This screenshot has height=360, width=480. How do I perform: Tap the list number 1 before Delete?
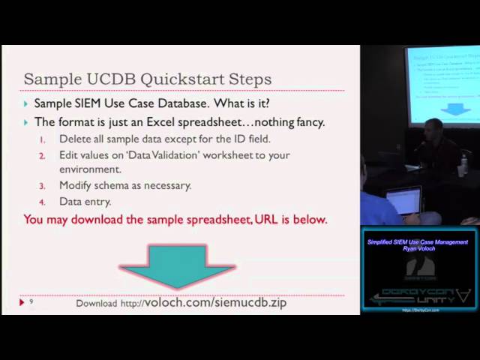point(43,139)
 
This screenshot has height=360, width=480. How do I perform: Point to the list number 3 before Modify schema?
point(43,185)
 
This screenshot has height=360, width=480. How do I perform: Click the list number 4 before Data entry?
point(43,202)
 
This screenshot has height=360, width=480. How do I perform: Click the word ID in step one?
point(222,139)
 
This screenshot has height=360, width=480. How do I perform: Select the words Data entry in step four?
point(85,202)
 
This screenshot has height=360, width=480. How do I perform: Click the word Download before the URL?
point(96,304)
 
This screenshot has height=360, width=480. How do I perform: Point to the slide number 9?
point(31,301)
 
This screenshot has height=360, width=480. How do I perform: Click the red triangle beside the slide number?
point(22,302)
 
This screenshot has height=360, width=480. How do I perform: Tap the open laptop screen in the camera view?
point(403,201)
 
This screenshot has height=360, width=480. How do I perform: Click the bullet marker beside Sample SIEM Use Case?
point(26,104)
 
